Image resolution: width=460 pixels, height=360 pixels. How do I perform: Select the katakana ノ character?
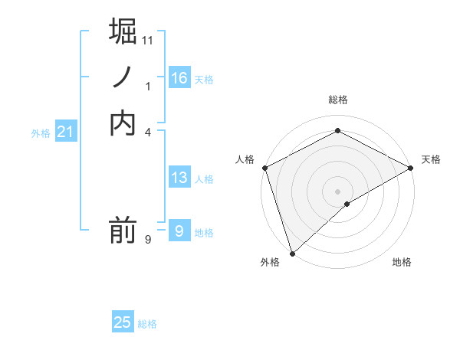click(123, 77)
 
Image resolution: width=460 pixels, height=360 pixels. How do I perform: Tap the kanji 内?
click(123, 123)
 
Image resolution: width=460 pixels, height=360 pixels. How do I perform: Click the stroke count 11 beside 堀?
click(148, 40)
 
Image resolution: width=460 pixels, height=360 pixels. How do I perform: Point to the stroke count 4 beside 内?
click(148, 132)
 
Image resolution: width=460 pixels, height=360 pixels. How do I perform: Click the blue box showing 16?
click(179, 77)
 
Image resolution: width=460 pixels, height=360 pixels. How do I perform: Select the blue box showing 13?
click(179, 178)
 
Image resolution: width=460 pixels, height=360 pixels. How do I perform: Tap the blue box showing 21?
click(66, 133)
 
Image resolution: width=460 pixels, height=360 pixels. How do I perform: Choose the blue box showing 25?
click(123, 322)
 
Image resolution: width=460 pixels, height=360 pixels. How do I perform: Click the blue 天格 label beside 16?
click(204, 80)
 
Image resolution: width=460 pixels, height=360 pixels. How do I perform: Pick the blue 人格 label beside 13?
click(204, 180)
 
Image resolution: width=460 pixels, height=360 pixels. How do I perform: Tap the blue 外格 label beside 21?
click(41, 133)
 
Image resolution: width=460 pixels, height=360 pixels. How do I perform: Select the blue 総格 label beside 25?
click(147, 324)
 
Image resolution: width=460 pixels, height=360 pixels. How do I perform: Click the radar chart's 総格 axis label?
click(337, 100)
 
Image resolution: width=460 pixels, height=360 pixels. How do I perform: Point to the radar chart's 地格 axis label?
click(402, 263)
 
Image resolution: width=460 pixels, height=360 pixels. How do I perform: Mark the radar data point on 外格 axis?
click(292, 253)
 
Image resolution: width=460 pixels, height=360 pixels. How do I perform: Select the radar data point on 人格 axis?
click(264, 168)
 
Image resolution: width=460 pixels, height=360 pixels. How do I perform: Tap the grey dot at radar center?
click(337, 191)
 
